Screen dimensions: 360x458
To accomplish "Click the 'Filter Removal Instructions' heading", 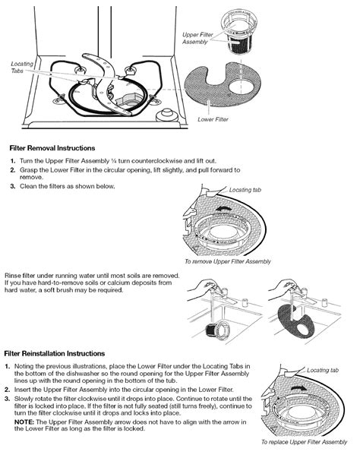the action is (52, 148).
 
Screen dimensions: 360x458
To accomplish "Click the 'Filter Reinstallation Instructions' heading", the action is (55, 353).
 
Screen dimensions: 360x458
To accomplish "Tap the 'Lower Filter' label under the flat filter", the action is (213, 119).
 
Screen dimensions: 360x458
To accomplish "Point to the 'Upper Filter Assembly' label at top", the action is (197, 38).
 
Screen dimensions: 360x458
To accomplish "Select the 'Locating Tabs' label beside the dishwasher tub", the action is (22, 67).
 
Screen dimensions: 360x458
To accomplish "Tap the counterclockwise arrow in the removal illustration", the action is (223, 208).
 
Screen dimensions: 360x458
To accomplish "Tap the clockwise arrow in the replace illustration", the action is (299, 387).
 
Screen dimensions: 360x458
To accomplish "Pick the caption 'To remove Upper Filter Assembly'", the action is (228, 261).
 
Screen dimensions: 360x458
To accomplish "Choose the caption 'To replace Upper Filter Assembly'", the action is (305, 442).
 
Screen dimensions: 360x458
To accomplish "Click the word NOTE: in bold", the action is (24, 422).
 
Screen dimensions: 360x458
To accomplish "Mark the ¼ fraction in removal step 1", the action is (114, 161).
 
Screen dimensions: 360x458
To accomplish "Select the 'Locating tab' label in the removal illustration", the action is (245, 190).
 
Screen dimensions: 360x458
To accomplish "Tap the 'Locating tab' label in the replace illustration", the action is (323, 370).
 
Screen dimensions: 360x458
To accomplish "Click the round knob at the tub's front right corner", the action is (167, 115).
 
